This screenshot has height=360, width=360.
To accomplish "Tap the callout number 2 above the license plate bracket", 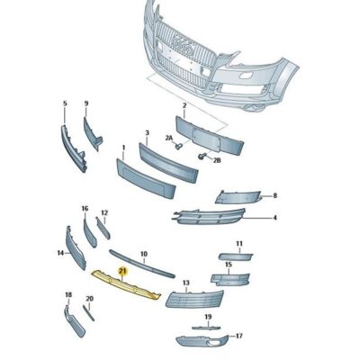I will point(184,106).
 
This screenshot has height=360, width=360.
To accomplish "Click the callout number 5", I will point(65,105).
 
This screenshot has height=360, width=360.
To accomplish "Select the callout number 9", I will point(86,104).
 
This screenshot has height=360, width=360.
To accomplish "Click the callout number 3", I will point(147,133).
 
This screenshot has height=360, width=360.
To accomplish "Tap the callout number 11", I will point(239,244).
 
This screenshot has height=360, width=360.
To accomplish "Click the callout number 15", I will point(229,265).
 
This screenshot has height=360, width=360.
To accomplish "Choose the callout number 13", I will point(185,283).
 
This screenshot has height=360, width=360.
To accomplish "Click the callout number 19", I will point(208,317).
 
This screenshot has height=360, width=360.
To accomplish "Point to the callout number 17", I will point(238,336).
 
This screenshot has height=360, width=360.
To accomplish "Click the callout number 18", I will point(67,295).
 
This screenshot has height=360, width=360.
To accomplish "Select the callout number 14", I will point(61,254).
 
